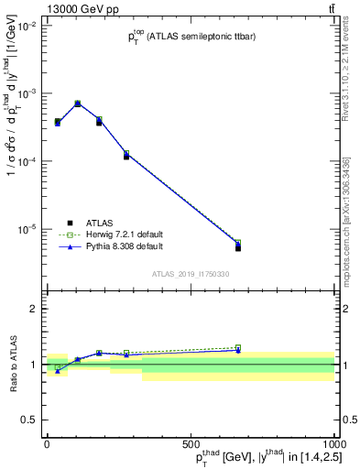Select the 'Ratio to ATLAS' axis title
[x=12, y=365]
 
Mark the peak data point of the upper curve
[x=77, y=104]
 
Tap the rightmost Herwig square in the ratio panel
[x=238, y=347]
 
